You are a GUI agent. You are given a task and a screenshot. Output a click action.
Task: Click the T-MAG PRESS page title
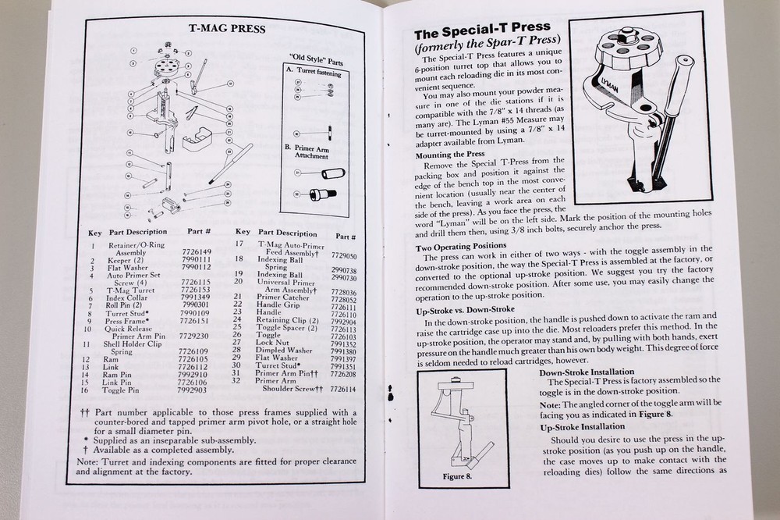(227, 30)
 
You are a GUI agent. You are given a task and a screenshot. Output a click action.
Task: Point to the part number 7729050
(343, 255)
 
